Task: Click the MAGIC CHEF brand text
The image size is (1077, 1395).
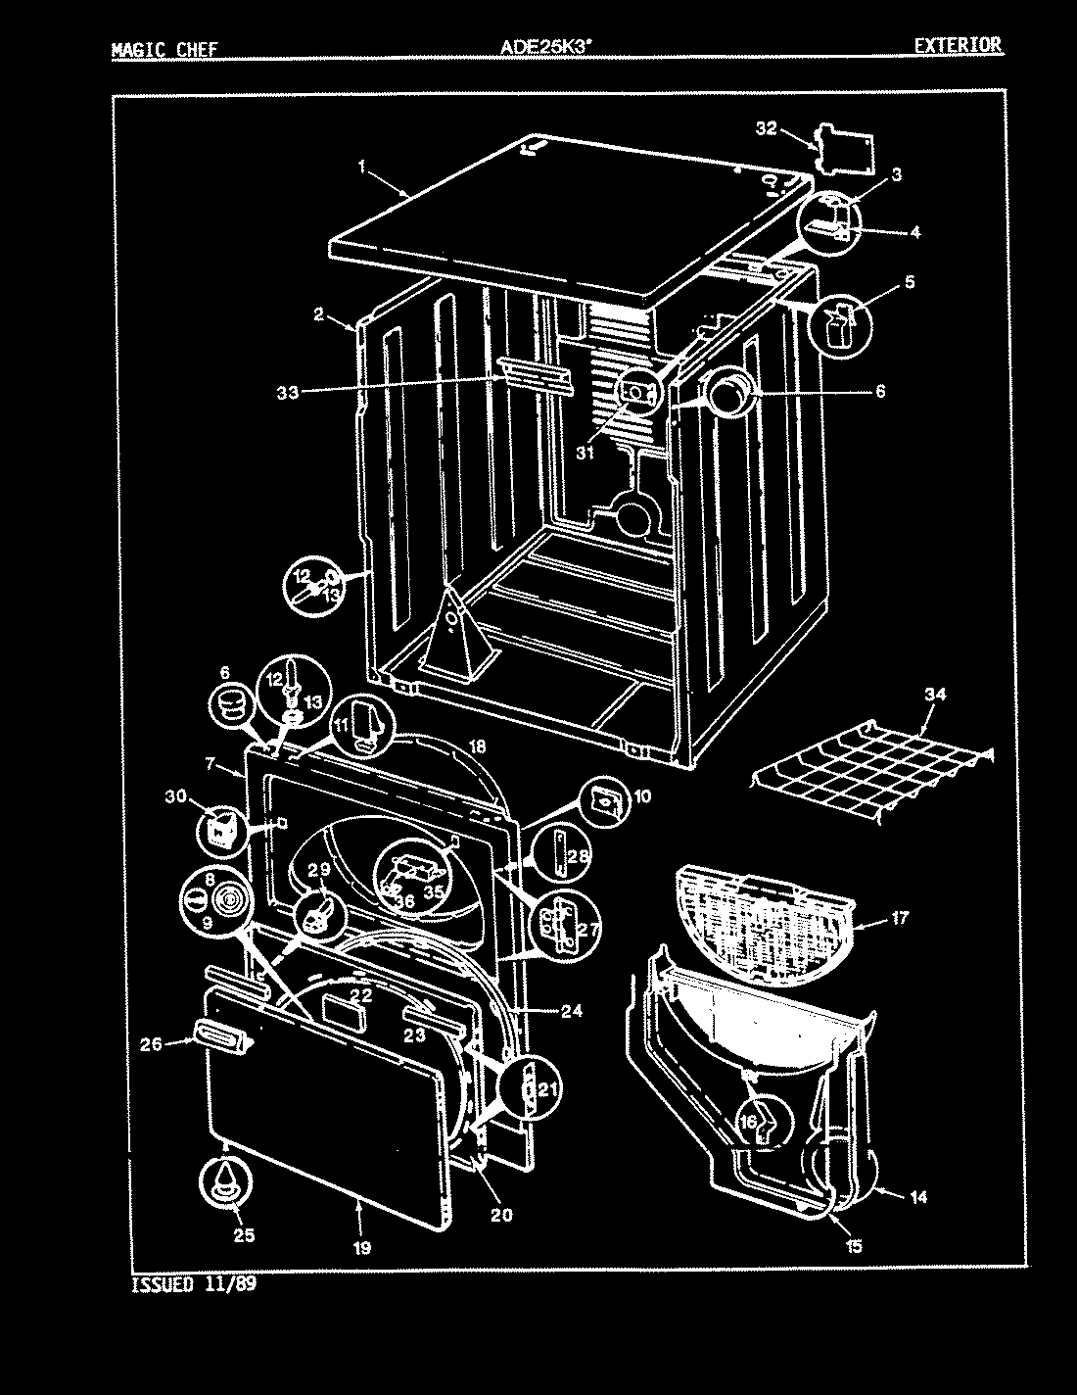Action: click(x=164, y=50)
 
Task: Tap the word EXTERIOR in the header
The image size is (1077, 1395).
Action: click(x=958, y=45)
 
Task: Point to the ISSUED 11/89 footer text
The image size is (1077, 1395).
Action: click(x=193, y=1284)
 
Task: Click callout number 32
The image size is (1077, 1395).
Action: click(x=766, y=128)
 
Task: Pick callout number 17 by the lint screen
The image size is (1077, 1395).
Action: click(x=899, y=918)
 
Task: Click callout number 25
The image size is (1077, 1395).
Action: click(x=244, y=1235)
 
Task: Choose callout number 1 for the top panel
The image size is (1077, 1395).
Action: click(x=361, y=168)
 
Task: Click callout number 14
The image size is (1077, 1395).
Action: click(x=918, y=1196)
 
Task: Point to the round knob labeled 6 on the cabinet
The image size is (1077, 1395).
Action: click(x=731, y=395)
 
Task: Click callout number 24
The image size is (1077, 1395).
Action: click(x=572, y=1011)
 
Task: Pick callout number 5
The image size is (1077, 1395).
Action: click(x=910, y=283)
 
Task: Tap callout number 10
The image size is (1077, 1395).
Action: click(x=641, y=797)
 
